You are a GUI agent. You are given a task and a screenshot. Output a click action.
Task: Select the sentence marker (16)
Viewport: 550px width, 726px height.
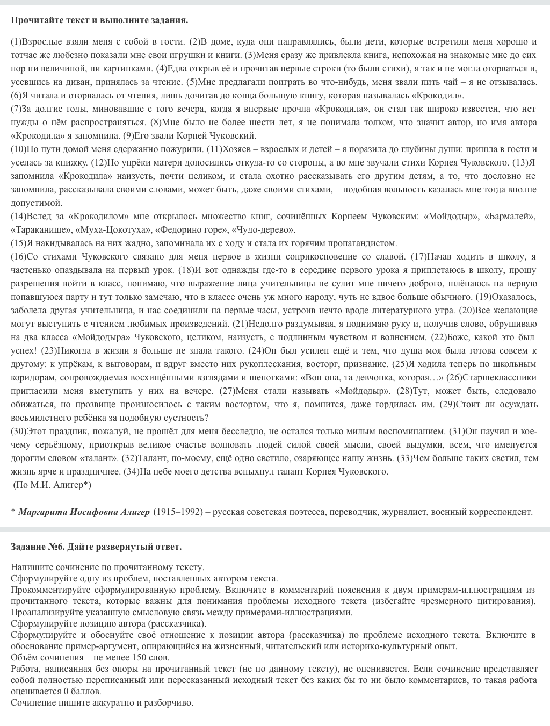(x=18, y=257)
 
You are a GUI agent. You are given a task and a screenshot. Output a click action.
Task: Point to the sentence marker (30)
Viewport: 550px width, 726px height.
(x=18, y=432)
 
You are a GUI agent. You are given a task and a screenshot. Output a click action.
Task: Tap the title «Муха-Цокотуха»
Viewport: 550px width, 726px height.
(x=107, y=230)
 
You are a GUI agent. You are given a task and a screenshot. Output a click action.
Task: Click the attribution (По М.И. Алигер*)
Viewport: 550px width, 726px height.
(x=52, y=485)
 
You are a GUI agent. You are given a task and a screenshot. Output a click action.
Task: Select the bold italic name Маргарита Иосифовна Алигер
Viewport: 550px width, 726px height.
(x=84, y=512)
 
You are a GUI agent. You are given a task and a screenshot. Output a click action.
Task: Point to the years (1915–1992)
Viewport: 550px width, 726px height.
(x=178, y=512)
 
